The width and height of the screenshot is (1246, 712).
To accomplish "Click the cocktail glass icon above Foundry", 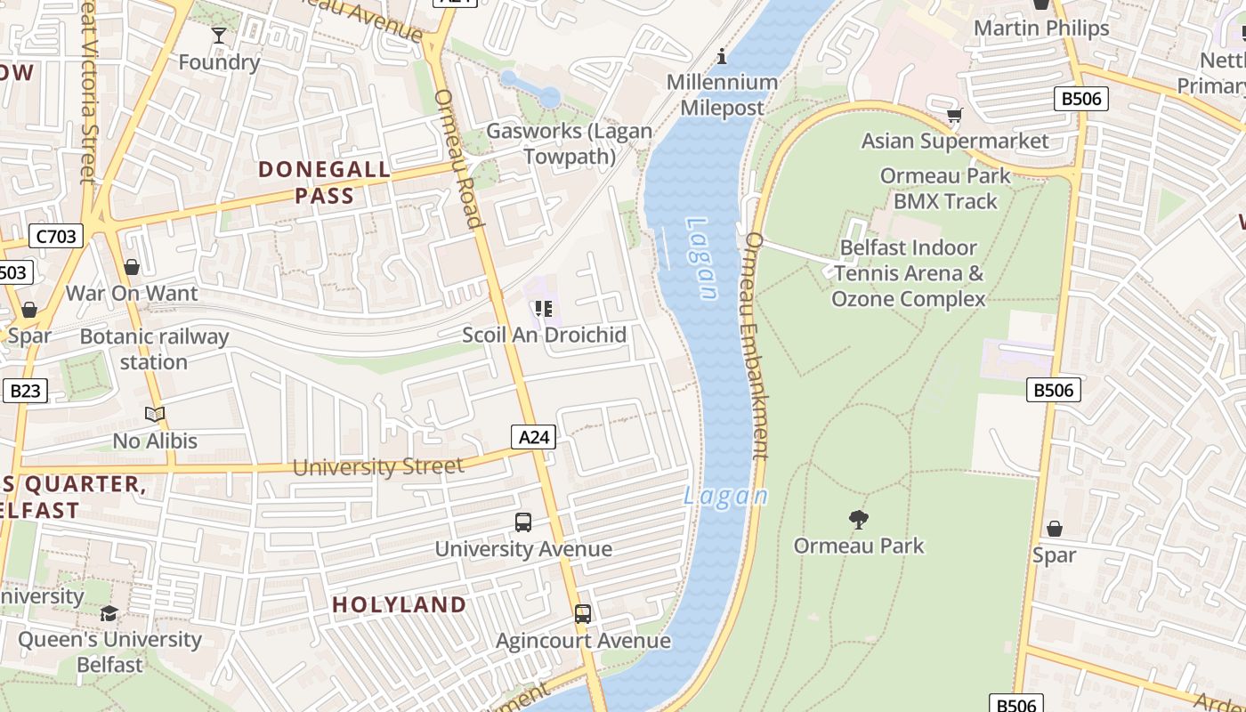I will click(x=219, y=36).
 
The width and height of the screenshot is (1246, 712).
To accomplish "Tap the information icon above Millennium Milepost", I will click(x=722, y=57).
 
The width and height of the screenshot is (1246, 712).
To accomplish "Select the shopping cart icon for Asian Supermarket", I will click(x=955, y=115).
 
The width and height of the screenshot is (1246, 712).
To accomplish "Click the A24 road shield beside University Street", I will click(x=534, y=436).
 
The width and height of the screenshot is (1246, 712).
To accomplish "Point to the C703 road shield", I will click(x=56, y=236).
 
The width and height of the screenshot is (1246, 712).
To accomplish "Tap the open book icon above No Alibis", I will click(x=155, y=414).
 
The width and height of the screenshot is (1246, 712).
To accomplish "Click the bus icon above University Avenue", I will click(x=523, y=522).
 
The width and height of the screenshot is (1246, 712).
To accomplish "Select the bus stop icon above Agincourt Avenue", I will click(x=583, y=614).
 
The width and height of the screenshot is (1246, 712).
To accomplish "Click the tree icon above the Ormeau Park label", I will click(x=859, y=519).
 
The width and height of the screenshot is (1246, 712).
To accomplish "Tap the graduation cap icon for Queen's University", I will click(x=109, y=613).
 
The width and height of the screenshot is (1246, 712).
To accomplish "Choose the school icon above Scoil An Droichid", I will click(x=543, y=309).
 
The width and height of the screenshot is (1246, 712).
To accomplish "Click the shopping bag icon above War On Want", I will click(x=132, y=267).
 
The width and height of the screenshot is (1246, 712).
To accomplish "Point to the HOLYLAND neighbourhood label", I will click(x=400, y=605).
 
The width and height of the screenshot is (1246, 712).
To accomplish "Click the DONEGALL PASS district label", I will click(x=325, y=182).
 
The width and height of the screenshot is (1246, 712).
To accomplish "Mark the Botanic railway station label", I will click(x=154, y=349).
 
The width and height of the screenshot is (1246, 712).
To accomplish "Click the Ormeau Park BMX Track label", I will click(x=945, y=189).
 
